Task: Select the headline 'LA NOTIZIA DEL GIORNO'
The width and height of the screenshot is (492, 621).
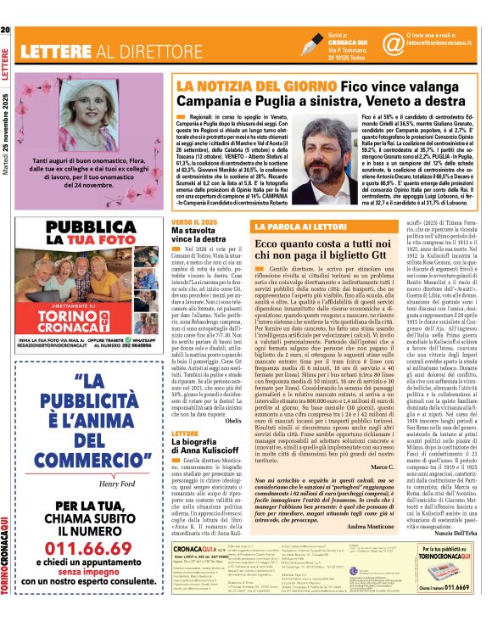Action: pos(230,86)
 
